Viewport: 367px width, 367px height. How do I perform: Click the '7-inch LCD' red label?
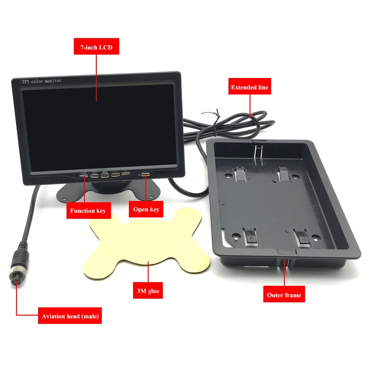(x=96, y=47)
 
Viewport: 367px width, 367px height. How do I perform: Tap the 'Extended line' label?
(x=250, y=87)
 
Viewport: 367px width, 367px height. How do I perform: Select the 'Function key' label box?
(x=88, y=211)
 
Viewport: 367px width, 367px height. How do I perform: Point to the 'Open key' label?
(x=146, y=210)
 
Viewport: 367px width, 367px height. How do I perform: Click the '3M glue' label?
(x=148, y=290)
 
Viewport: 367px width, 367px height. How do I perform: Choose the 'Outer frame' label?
(x=284, y=295)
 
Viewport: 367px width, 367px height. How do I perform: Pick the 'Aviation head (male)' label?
(x=70, y=316)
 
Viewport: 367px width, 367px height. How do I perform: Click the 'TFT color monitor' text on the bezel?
(x=42, y=81)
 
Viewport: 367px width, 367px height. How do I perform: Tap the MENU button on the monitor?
(x=105, y=175)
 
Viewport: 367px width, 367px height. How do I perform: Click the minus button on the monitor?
(x=115, y=175)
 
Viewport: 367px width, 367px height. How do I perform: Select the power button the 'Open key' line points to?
(x=145, y=174)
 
